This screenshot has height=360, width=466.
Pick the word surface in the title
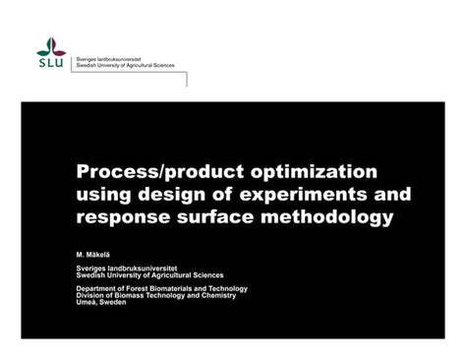(211, 215)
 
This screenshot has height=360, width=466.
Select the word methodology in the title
(323, 215)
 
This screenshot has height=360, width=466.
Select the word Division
(91, 295)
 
